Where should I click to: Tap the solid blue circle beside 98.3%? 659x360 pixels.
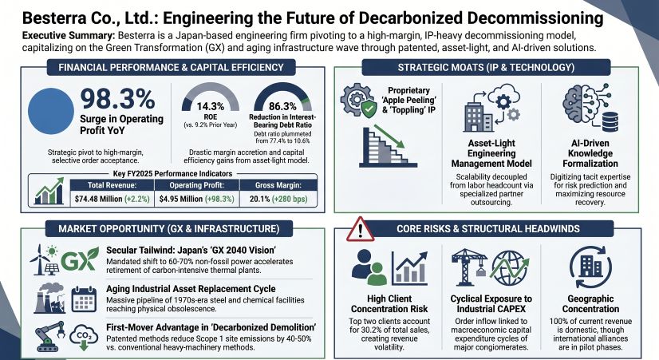click(x=51, y=111)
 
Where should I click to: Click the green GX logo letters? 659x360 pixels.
click(x=74, y=261)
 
